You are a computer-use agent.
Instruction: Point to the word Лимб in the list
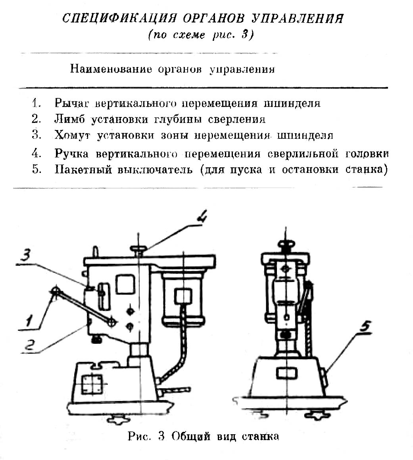coord(69,119)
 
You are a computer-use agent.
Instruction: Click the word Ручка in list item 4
coord(73,153)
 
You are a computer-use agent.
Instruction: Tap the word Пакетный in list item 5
coord(83,169)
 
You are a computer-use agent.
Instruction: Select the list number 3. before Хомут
coord(37,135)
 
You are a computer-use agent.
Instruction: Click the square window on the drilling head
coord(125,284)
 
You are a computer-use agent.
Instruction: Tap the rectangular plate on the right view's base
coord(286,373)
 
